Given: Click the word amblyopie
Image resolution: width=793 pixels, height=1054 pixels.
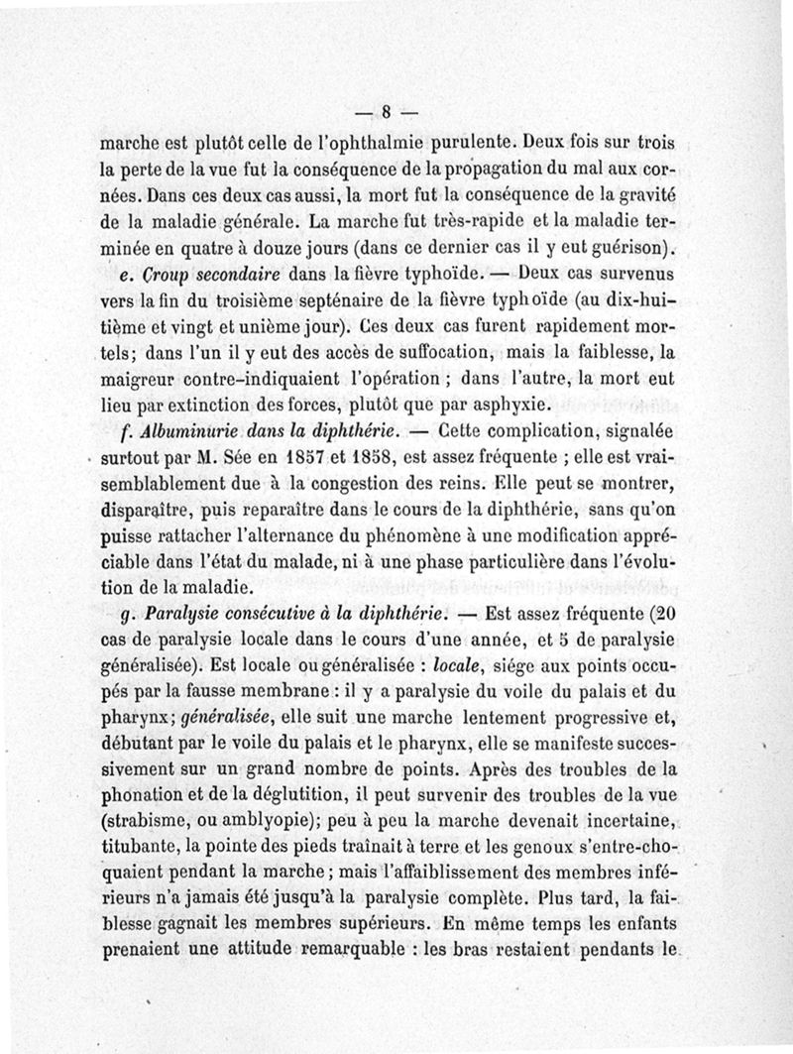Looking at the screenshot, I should click(x=266, y=820).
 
